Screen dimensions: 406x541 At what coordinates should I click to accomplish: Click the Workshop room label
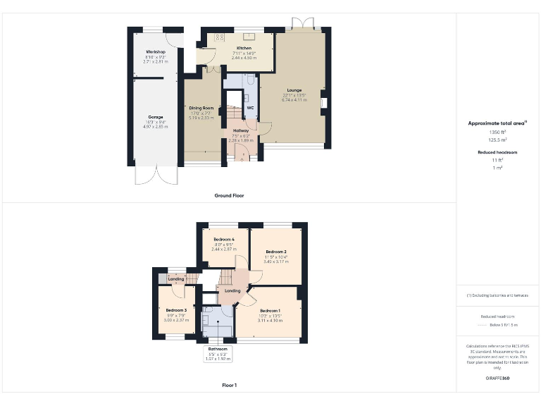pyautogui.click(x=156, y=53)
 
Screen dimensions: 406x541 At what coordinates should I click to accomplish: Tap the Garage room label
pyautogui.click(x=156, y=117)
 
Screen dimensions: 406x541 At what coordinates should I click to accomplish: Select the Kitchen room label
pyautogui.click(x=244, y=48)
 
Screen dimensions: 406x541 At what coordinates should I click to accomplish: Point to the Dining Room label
pyautogui.click(x=201, y=108)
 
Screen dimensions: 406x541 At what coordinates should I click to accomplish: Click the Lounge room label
pyautogui.click(x=294, y=90)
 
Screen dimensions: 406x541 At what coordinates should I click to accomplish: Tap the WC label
pyautogui.click(x=250, y=108)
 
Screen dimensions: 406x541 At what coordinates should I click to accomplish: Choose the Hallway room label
pyautogui.click(x=241, y=130)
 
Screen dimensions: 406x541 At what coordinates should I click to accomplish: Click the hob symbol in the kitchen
pyautogui.click(x=219, y=37)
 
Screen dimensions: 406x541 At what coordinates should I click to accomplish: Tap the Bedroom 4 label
pyautogui.click(x=224, y=240)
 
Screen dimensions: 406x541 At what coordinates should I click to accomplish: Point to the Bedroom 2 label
pyautogui.click(x=276, y=252)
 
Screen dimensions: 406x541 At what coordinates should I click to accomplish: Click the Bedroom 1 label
pyautogui.click(x=270, y=311)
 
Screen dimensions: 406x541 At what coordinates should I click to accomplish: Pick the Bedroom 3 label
pyautogui.click(x=176, y=310)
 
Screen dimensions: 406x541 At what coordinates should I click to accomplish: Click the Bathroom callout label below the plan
pyautogui.click(x=217, y=349)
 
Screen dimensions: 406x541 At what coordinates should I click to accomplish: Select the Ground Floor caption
pyautogui.click(x=229, y=195)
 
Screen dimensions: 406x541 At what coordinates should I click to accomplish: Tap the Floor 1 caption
pyautogui.click(x=229, y=385)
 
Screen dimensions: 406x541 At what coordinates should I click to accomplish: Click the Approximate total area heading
pyautogui.click(x=497, y=123)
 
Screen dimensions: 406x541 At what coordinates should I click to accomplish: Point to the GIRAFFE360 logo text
pyautogui.click(x=497, y=379)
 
